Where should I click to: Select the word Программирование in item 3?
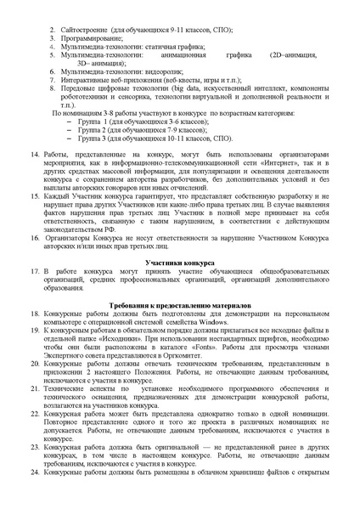click(x=94, y=38)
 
